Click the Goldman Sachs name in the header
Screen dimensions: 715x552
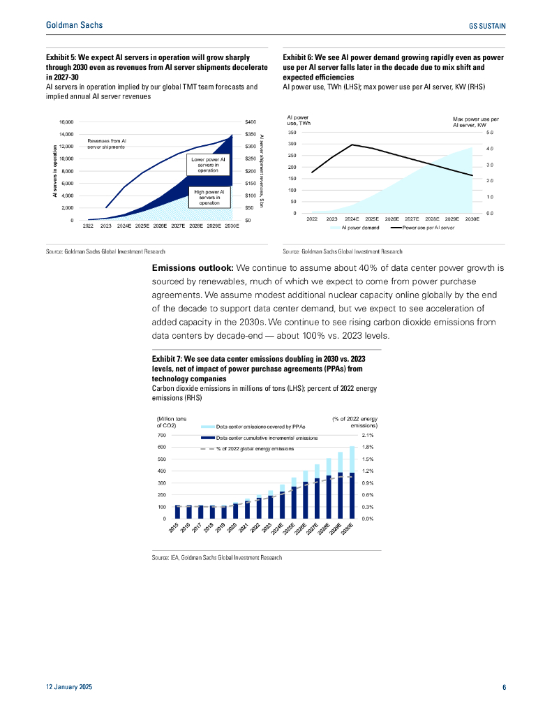point(74,25)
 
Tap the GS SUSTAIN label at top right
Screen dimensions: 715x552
point(487,26)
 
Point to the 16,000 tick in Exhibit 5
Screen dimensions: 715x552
point(65,121)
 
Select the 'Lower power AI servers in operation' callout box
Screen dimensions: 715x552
point(208,164)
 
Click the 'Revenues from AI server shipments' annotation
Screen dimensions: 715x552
point(106,144)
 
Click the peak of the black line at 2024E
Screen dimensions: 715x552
point(352,145)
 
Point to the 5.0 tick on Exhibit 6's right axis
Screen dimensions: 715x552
point(490,132)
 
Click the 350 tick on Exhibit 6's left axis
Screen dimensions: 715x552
point(292,132)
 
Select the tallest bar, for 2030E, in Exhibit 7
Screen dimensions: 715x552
point(352,482)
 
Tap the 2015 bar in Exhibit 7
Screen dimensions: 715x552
point(178,511)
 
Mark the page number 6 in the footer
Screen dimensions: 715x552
point(504,688)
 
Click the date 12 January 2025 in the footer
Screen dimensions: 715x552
point(68,688)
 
